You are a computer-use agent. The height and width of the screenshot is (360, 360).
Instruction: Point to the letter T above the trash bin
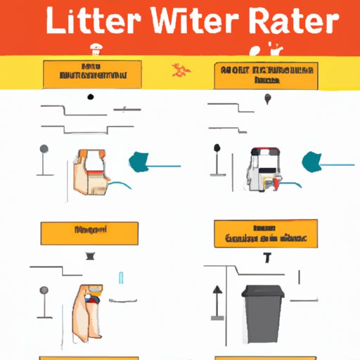coord(269,257)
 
